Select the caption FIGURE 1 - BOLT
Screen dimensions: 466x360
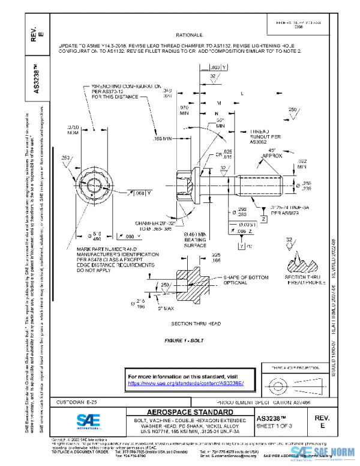(184, 340)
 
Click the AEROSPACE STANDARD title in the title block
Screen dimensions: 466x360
(182, 412)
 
